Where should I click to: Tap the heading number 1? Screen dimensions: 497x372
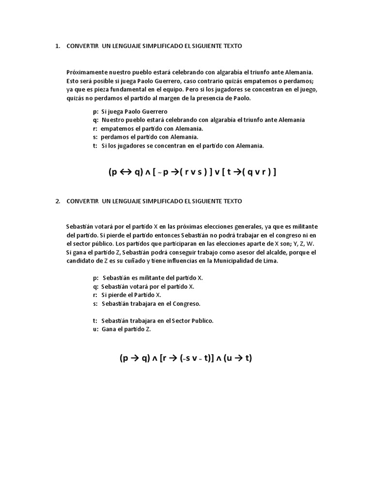tap(57, 46)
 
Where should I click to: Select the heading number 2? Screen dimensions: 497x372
tap(57, 201)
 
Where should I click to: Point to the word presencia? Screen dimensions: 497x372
tap(217, 99)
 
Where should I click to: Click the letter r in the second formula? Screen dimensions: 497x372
tap(165, 359)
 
